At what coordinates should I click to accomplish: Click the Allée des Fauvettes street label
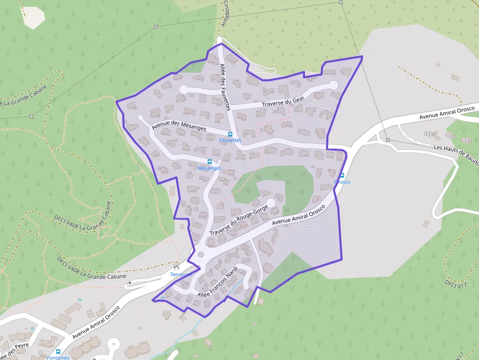click(x=225, y=87)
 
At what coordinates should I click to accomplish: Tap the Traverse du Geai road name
click(x=283, y=102)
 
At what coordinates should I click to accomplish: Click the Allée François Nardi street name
click(x=217, y=282)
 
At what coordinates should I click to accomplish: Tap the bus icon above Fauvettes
click(x=230, y=134)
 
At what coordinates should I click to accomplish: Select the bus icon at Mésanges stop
click(x=210, y=162)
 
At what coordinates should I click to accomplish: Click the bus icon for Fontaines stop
click(x=58, y=352)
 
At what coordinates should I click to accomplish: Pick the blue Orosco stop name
click(x=342, y=182)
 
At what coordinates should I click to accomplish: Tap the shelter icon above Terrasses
click(x=177, y=268)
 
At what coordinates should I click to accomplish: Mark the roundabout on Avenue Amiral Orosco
click(x=201, y=254)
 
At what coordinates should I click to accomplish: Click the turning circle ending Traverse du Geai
click(x=334, y=85)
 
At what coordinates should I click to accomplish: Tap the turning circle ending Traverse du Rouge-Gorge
click(x=270, y=202)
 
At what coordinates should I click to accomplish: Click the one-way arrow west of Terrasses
click(x=130, y=283)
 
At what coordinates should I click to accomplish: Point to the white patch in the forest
click(x=33, y=17)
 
